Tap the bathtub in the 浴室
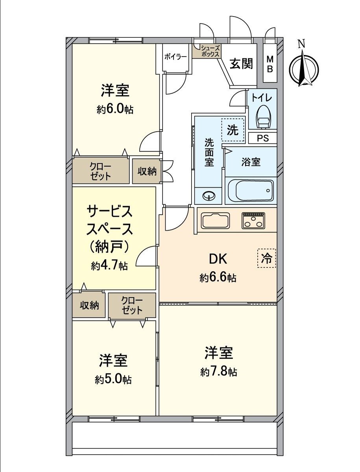click(251, 191)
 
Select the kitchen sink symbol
click(216, 221)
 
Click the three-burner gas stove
click(253, 221)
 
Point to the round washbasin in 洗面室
click(209, 196)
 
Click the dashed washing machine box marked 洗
click(233, 130)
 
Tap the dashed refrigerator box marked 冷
click(266, 258)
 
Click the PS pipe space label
click(263, 138)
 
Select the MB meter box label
click(270, 64)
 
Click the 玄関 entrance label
click(241, 63)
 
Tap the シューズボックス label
click(210, 51)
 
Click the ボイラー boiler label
click(175, 57)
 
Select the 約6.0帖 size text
click(115, 110)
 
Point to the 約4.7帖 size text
click(109, 266)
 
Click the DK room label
click(218, 259)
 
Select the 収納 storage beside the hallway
click(147, 171)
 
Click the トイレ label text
click(262, 98)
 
